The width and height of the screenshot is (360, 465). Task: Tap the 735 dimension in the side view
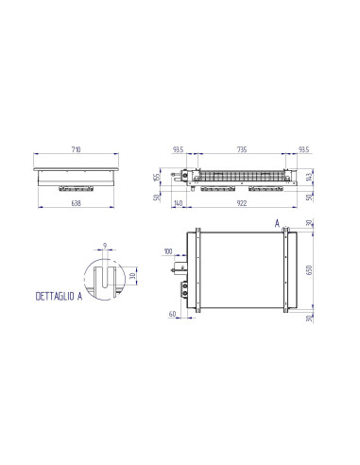click(x=242, y=150)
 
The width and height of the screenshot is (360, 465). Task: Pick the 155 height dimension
click(x=158, y=177)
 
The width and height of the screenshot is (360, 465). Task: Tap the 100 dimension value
click(x=168, y=251)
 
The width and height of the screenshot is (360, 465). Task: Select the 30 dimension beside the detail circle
click(x=133, y=276)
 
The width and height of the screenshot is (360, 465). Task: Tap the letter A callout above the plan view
click(x=275, y=224)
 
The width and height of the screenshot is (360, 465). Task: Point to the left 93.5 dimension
click(x=178, y=150)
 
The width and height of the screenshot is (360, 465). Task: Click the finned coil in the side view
click(x=242, y=175)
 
